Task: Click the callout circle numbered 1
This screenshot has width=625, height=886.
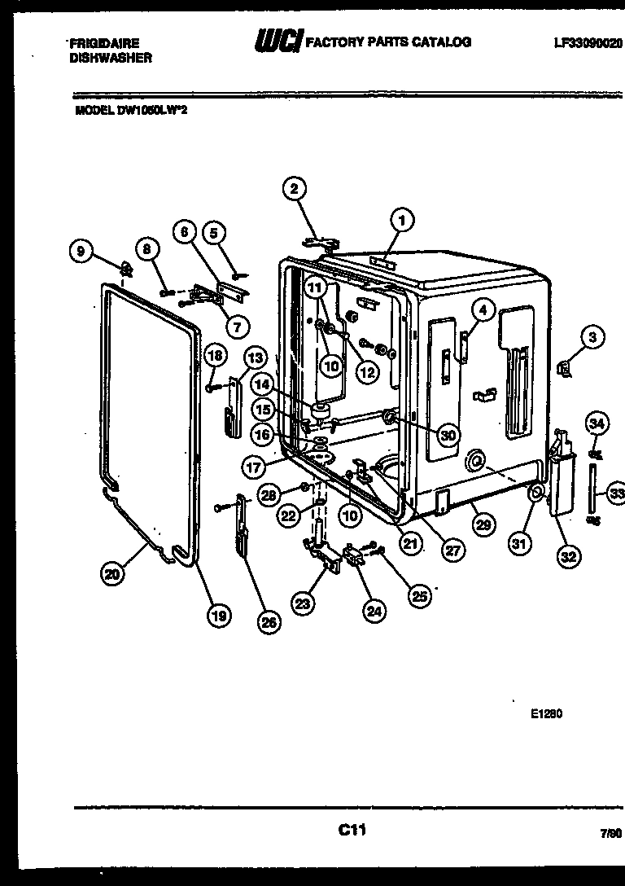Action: pyautogui.click(x=400, y=218)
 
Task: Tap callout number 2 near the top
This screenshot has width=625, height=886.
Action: pyautogui.click(x=294, y=189)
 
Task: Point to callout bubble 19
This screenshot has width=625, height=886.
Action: pyautogui.click(x=217, y=616)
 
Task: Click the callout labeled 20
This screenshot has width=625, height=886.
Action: pyautogui.click(x=111, y=574)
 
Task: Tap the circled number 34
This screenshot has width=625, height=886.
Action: pyautogui.click(x=597, y=423)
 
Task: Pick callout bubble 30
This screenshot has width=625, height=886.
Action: pyautogui.click(x=447, y=435)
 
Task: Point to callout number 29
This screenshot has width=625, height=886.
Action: pyautogui.click(x=483, y=525)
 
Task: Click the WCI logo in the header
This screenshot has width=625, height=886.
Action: pyautogui.click(x=278, y=42)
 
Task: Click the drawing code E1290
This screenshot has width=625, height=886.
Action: pyautogui.click(x=547, y=714)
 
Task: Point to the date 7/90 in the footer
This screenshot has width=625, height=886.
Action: pyautogui.click(x=610, y=835)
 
